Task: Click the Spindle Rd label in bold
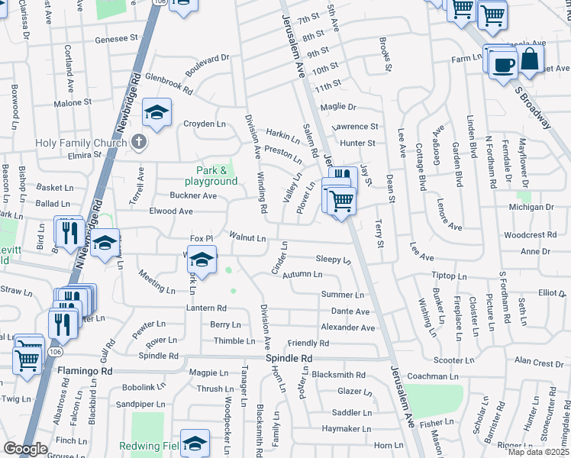(289, 358)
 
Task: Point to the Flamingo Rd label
(85, 371)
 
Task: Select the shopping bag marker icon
(530, 58)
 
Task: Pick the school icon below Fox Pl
(201, 261)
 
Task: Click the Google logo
(26, 449)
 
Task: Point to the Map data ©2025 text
(539, 452)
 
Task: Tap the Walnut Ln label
(247, 238)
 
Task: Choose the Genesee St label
(117, 37)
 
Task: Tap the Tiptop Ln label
(448, 275)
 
